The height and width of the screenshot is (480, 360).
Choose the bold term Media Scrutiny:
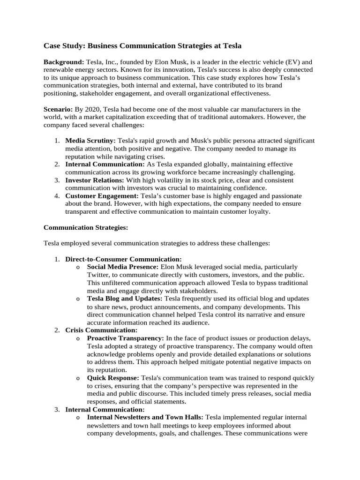coord(90,141)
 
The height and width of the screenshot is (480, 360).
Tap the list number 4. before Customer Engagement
coord(56,196)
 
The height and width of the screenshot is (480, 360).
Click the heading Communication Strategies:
coord(85,227)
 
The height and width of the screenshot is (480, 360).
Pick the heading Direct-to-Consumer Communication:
coord(123,259)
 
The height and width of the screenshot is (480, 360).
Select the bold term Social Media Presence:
coord(123,267)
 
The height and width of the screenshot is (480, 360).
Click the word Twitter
coord(98,275)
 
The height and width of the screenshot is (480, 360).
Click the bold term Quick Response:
coord(113,378)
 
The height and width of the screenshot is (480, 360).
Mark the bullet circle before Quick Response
coord(77,378)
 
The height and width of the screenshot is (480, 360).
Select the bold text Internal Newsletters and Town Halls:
coord(145,417)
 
